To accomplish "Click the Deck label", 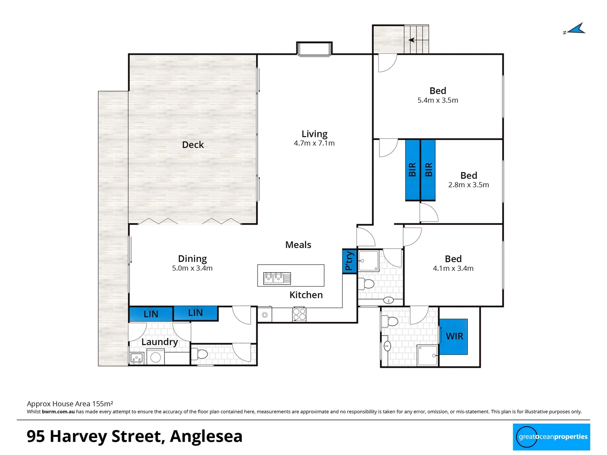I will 193,145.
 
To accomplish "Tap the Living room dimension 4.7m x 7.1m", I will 314,143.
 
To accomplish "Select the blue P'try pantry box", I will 349,261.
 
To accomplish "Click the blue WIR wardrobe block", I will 454,336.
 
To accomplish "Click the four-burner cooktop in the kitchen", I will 299,314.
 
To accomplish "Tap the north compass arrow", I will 575,29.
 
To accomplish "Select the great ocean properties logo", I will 551,437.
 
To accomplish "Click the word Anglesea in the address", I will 206,436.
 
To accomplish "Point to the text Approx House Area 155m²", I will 70,404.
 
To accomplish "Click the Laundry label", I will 159,342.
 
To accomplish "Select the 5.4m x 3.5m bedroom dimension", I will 438,100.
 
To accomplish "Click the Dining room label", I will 192,259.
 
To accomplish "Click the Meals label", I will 298,245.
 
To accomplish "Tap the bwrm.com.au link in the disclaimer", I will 58,412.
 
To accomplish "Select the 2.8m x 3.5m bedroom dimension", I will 468,185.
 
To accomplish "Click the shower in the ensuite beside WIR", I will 427,356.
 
